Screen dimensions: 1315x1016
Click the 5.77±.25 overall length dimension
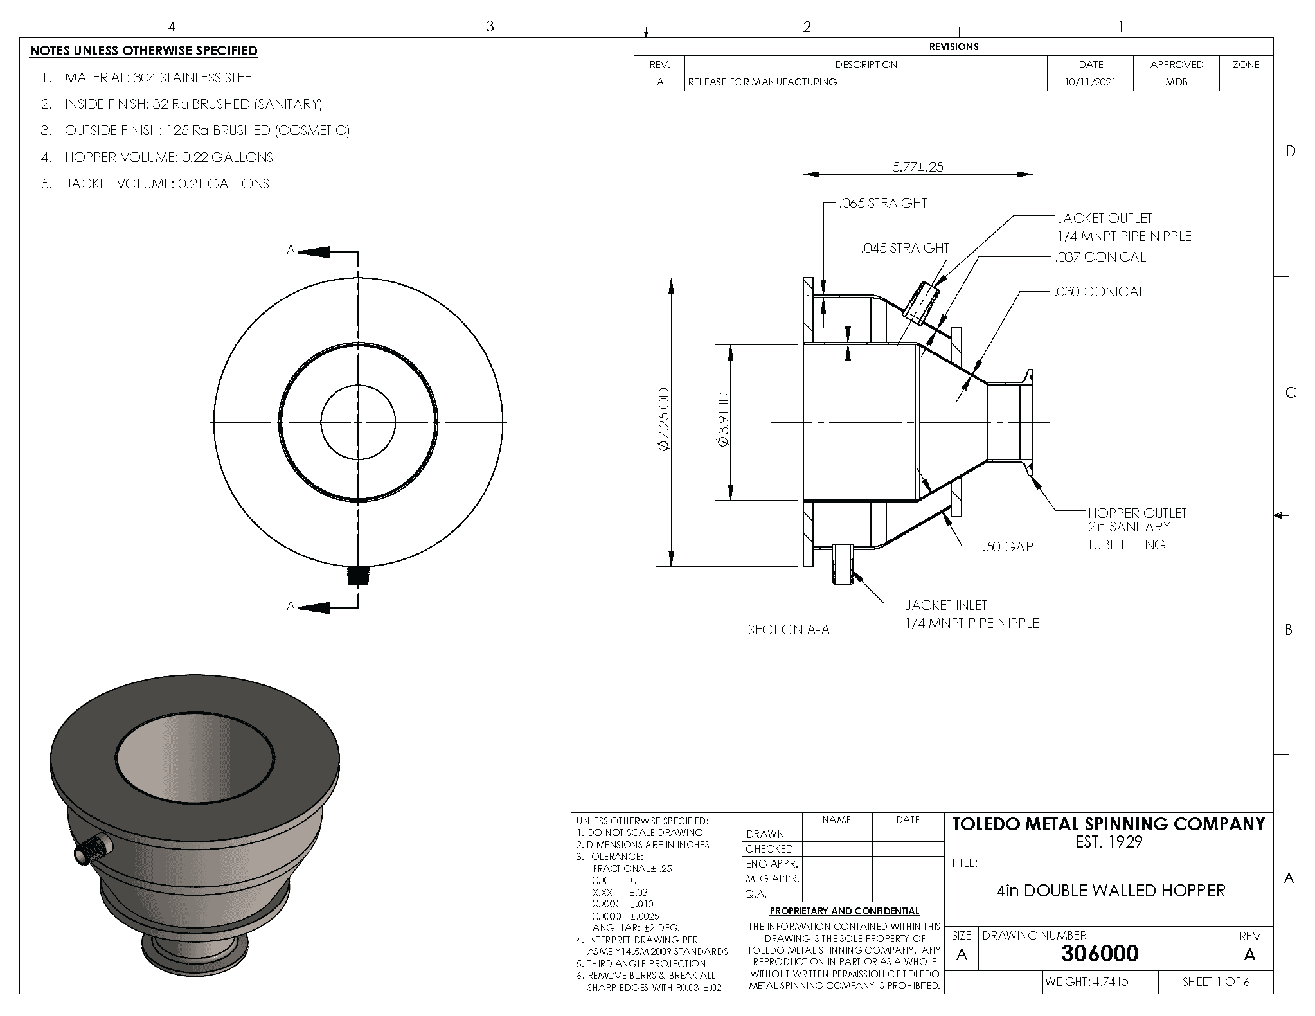[917, 167]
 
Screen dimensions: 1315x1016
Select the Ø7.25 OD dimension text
[663, 420]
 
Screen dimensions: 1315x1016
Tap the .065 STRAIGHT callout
[882, 203]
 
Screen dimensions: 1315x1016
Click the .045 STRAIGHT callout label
[905, 248]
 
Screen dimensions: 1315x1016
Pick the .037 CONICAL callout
[1100, 257]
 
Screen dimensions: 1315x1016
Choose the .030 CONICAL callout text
[1100, 292]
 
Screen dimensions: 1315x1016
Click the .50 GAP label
[1008, 547]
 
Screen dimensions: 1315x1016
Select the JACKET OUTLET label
[1104, 218]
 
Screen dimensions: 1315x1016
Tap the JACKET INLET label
[945, 605]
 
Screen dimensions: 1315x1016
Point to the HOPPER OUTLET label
[1137, 513]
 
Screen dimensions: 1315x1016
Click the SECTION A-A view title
[789, 630]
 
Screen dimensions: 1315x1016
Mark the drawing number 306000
[1100, 954]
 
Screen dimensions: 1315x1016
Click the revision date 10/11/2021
[1091, 82]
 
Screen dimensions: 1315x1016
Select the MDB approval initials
[1176, 82]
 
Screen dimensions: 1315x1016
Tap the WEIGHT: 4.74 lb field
[1086, 982]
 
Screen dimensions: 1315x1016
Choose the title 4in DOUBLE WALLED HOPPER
[1111, 891]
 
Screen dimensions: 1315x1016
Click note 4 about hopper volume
[157, 157]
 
